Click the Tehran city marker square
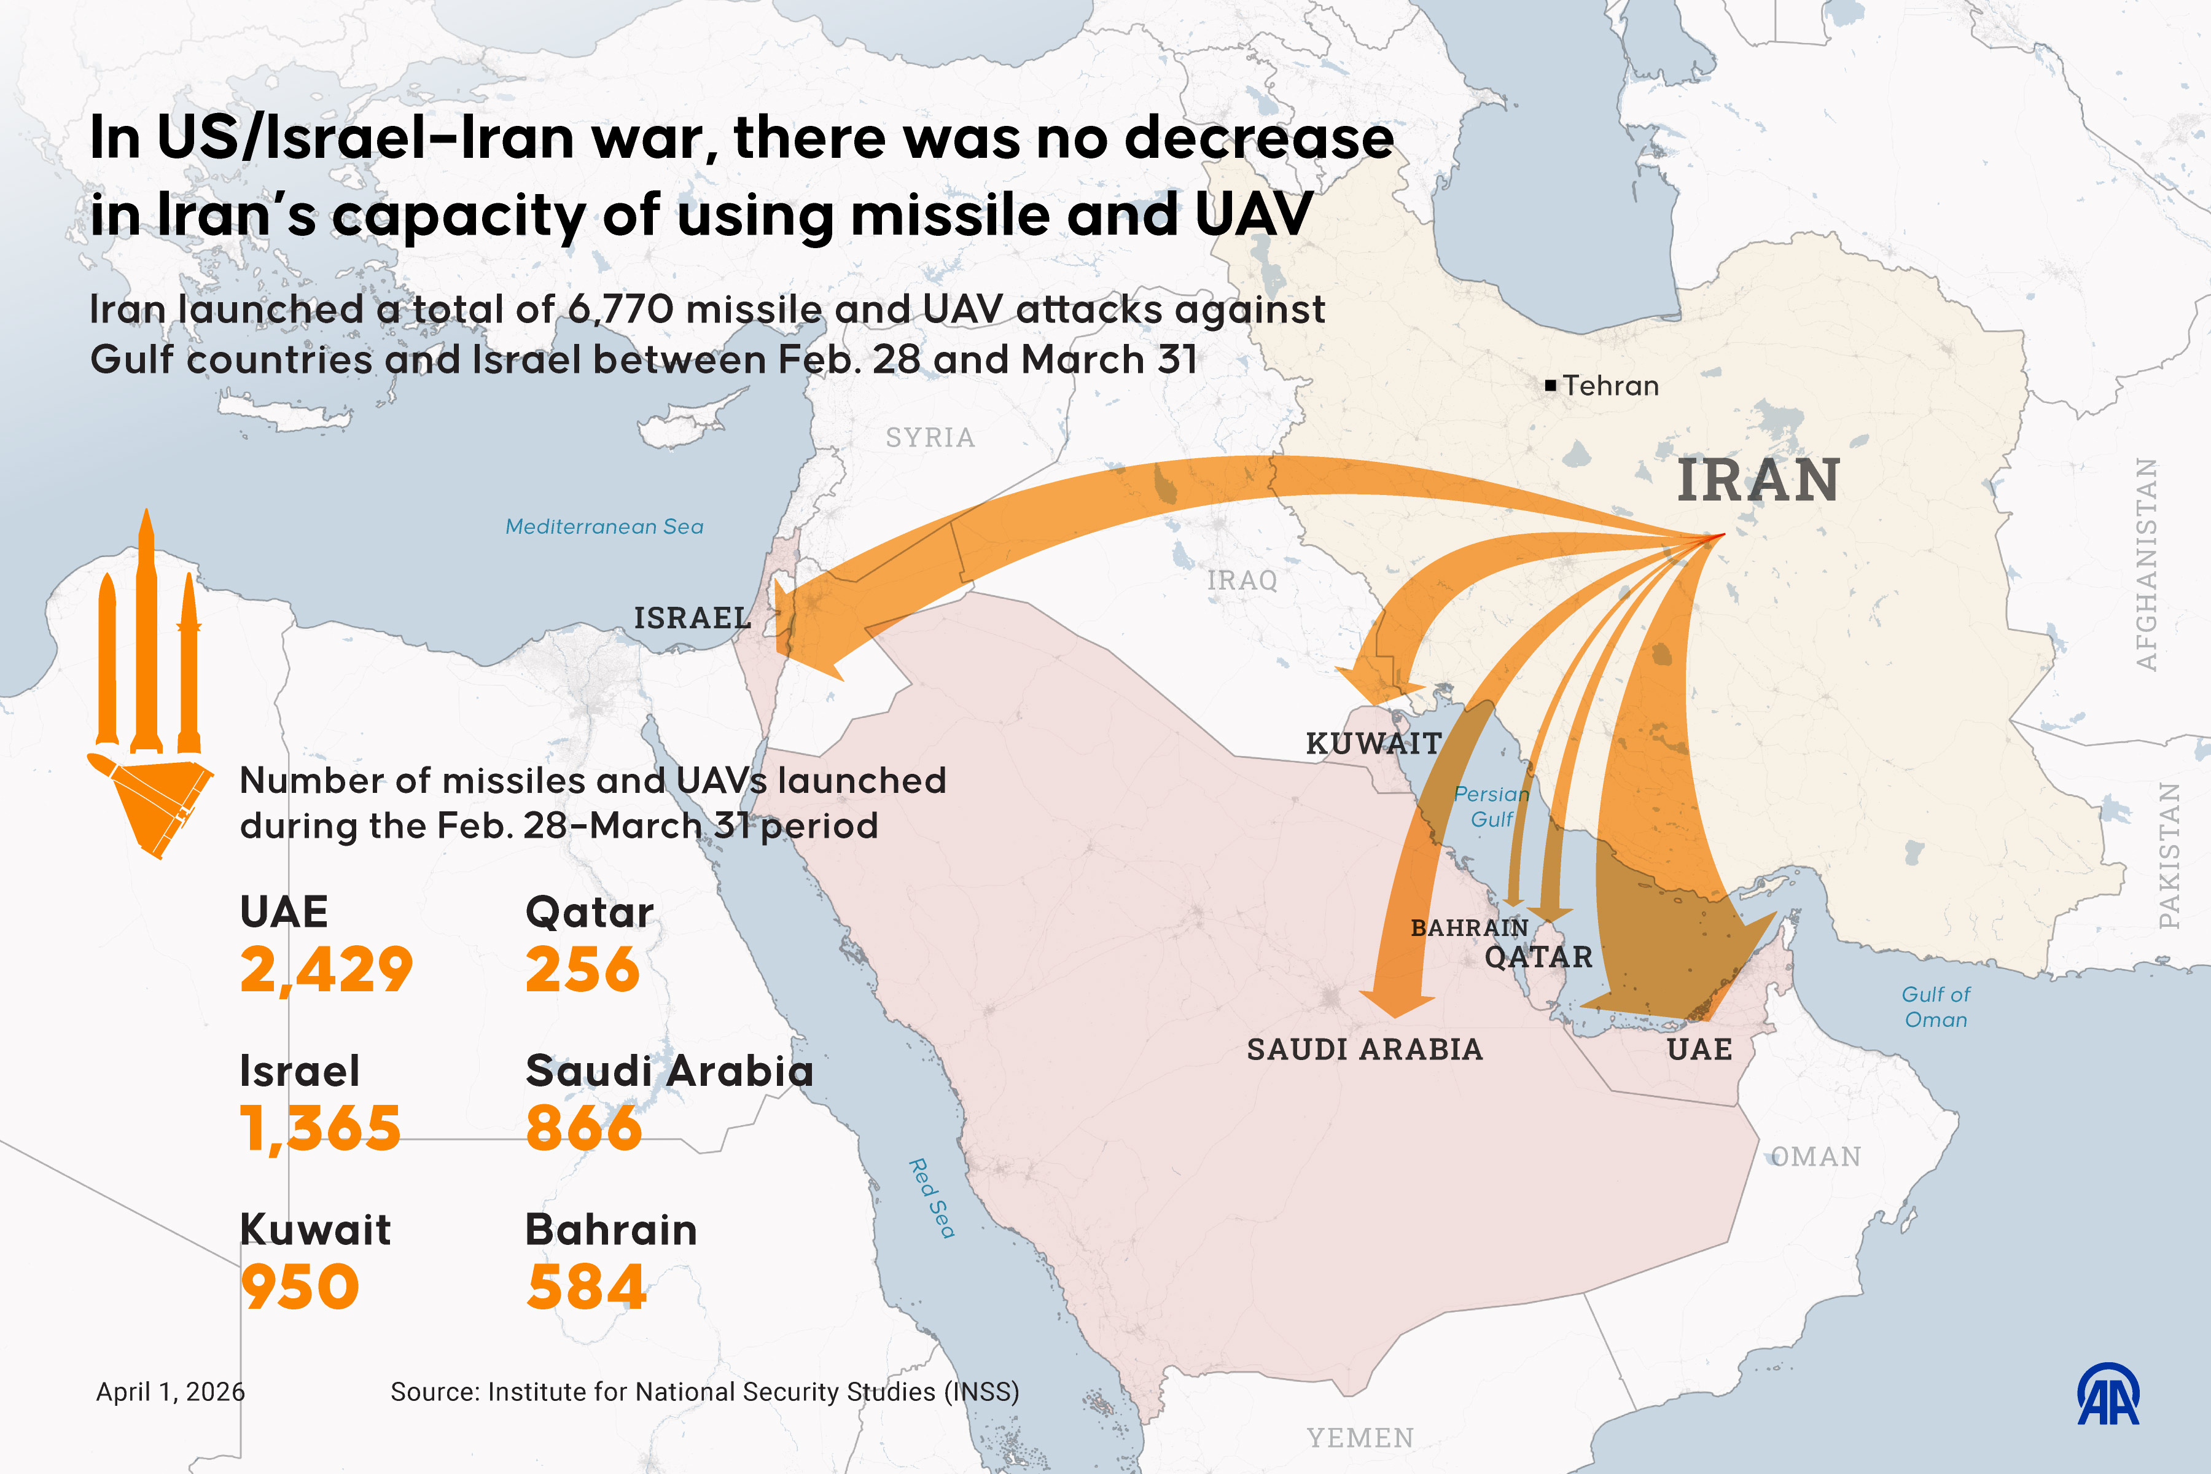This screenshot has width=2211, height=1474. pos(1550,386)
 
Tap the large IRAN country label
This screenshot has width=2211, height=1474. pos(1757,482)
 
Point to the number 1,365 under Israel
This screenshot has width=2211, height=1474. pos(319,1128)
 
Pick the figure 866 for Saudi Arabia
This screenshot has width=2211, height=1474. pos(584,1128)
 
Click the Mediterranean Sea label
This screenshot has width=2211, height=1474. pos(604,526)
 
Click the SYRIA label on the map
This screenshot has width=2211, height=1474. pos(930,437)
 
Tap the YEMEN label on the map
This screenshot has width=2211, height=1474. pos(1359,1437)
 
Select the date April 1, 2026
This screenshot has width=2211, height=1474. pos(170,1391)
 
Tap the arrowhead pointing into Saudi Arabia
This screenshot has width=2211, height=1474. pos(1396,1001)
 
